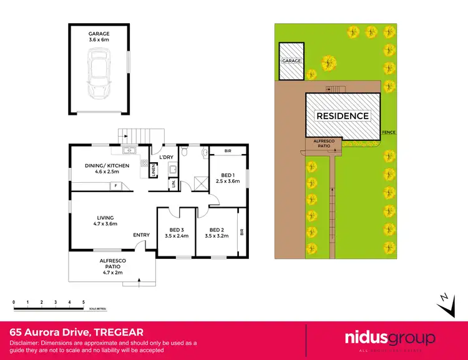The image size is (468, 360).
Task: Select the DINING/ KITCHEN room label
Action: (x=107, y=168)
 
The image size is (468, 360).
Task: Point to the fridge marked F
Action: (x=115, y=186)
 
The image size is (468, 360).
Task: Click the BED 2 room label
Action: (x=217, y=232)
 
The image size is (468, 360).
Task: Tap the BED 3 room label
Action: (x=175, y=232)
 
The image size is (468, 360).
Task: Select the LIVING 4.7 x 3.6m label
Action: (x=103, y=220)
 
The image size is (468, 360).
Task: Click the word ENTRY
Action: (x=141, y=235)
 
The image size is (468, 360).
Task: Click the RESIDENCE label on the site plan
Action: (x=343, y=115)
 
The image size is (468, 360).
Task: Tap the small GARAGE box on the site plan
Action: (x=291, y=62)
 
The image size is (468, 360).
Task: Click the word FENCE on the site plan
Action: (x=389, y=133)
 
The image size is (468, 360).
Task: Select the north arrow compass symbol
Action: (x=444, y=301)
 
